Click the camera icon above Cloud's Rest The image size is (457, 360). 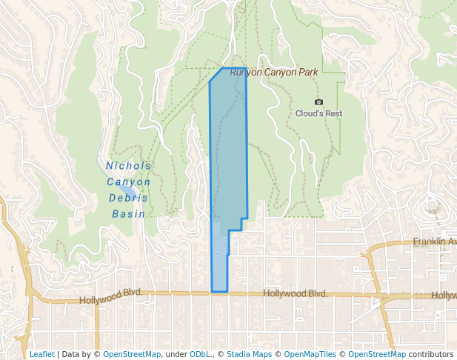click(318, 101)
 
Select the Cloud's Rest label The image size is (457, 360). click(318, 113)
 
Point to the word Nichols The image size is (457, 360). click(128, 166)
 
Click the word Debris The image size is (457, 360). click(128, 198)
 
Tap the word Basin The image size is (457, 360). click(128, 214)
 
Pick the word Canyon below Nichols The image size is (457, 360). click(128, 182)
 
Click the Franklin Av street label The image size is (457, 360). click(435, 241)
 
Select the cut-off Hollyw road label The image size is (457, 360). click(444, 295)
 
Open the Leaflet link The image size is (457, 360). click(41, 354)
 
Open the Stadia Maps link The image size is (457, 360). click(248, 354)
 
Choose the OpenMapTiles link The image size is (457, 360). click(312, 354)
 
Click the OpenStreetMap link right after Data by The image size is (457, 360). click(132, 354)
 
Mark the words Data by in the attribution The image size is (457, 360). click(81, 354)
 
